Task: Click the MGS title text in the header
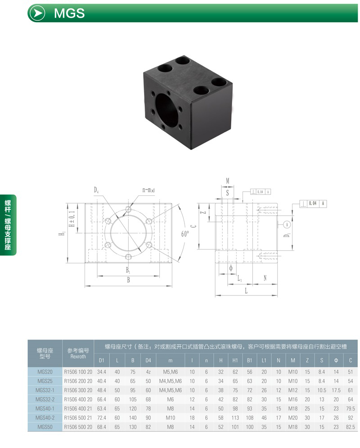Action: [69, 13]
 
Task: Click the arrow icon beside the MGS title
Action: [36, 13]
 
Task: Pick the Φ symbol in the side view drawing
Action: [230, 268]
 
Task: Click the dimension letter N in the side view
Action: [265, 278]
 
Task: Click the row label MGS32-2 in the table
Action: [45, 399]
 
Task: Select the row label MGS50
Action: [45, 426]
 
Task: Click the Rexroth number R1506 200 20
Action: [78, 381]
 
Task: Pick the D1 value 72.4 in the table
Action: [101, 417]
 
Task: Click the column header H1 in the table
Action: [235, 360]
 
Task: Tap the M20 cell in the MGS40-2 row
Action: [292, 417]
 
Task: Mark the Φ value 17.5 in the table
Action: [336, 390]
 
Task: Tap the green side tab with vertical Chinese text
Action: [8, 225]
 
